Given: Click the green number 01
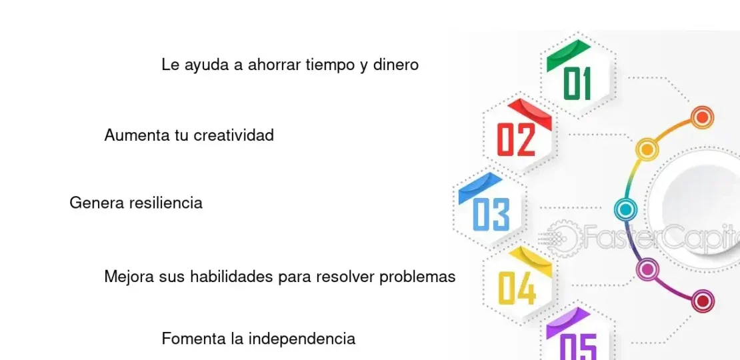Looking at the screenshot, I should tap(577, 84).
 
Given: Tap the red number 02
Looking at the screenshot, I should tap(517, 139).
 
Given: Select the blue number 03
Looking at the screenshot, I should tap(491, 214).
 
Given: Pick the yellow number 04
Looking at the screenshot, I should tap(517, 288).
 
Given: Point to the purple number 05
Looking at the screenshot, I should tap(577, 346).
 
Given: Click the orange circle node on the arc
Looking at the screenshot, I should tap(701, 118).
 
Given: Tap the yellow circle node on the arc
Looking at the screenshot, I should tap(646, 148).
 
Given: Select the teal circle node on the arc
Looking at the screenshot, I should tap(625, 210).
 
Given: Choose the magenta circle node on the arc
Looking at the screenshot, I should tap(647, 269).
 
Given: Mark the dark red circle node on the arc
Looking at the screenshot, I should tap(702, 301).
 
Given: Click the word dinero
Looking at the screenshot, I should tap(396, 65).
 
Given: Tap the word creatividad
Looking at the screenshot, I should tap(233, 135).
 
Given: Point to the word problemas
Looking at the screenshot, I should tap(417, 276).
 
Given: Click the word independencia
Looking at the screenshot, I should tap(302, 339).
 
